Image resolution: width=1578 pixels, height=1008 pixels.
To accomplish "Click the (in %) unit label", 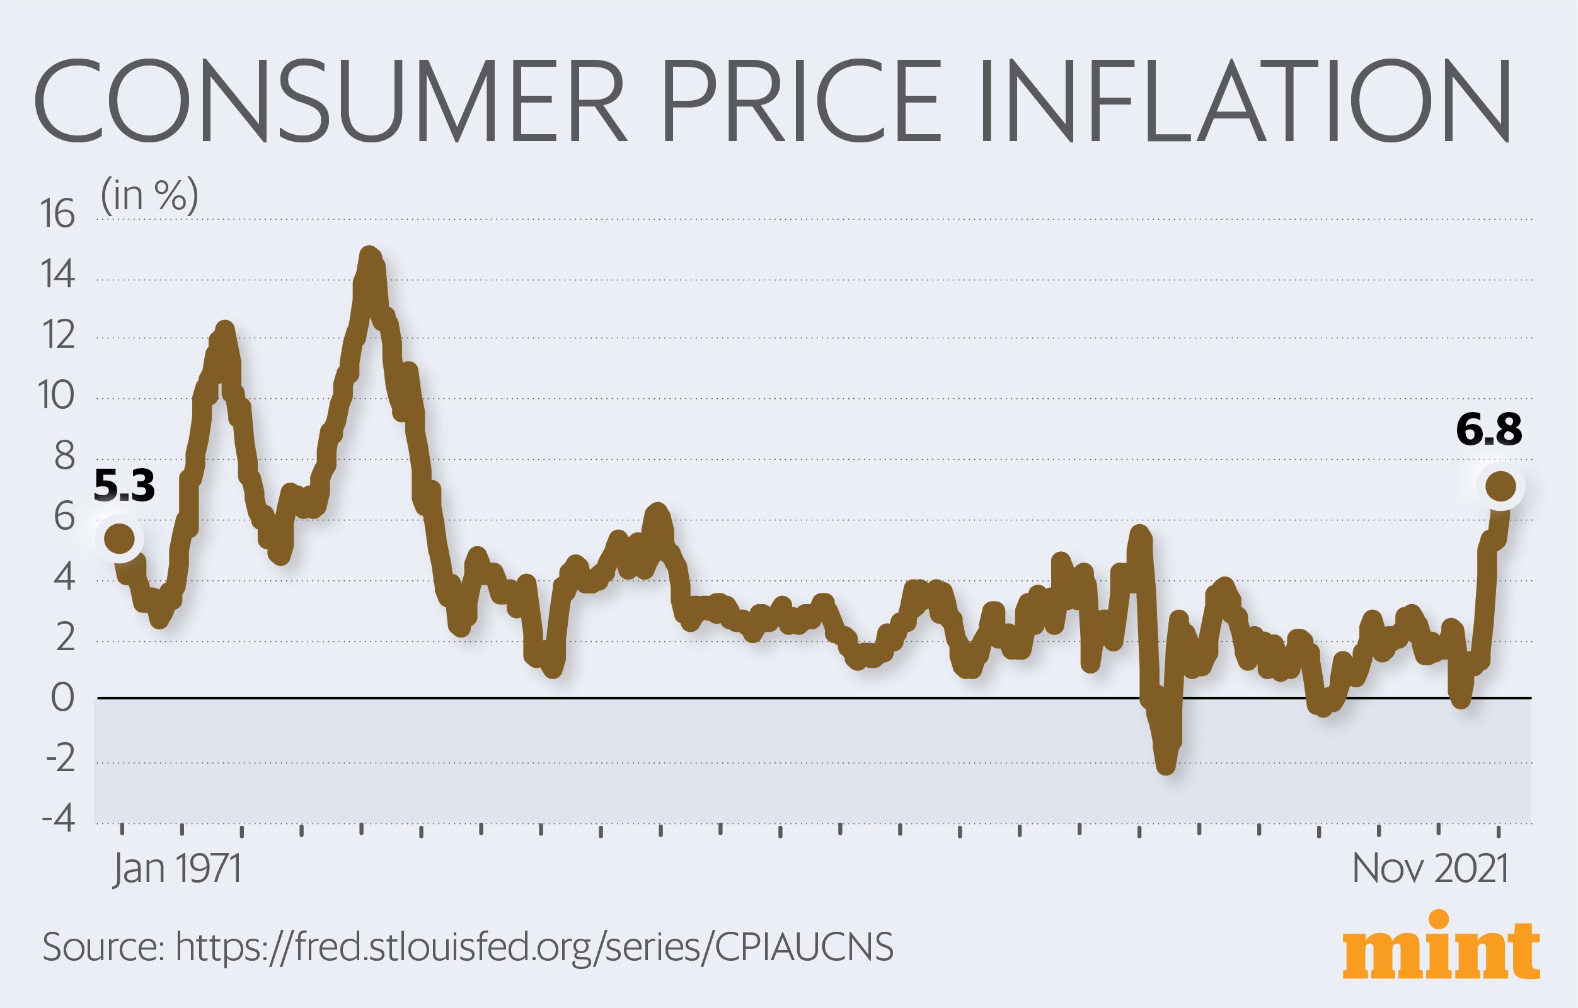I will tap(149, 195).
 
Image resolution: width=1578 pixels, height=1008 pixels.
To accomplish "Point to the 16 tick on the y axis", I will tap(58, 214).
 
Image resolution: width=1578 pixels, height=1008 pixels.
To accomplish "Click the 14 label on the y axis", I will tap(58, 275).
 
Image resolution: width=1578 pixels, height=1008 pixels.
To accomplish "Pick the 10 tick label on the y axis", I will tap(56, 396).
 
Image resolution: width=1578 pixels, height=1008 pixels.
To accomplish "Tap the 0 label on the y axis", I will tap(63, 697).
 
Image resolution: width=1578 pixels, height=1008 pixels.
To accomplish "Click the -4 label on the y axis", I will tap(59, 820).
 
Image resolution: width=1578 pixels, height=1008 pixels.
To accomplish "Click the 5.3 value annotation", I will tap(125, 485).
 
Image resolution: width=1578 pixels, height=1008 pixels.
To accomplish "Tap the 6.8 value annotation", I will tap(1489, 430).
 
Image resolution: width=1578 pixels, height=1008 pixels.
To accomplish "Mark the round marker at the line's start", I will tap(120, 539).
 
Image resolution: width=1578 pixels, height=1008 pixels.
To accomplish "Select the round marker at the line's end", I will tap(1500, 486).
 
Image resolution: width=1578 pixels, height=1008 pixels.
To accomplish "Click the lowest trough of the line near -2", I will tap(1166, 766).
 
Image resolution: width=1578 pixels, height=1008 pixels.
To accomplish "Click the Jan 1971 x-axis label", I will tap(177, 869).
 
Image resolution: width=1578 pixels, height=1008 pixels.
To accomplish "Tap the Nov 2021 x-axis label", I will tap(1431, 869).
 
